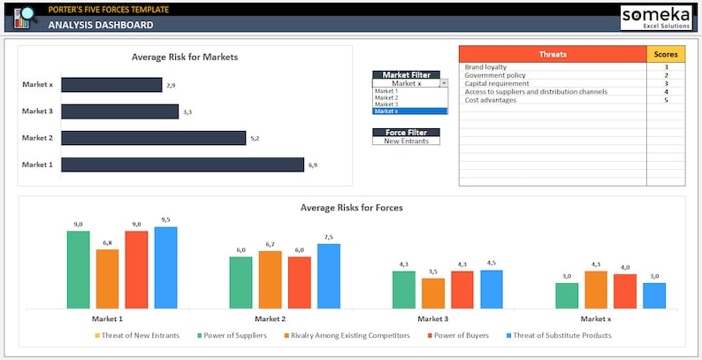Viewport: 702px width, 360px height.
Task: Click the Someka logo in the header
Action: click(x=656, y=17)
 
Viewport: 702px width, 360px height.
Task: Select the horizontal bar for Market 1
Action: click(x=182, y=165)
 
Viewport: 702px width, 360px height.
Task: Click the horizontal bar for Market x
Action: click(x=111, y=85)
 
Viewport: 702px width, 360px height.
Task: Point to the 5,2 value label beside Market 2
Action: click(x=255, y=138)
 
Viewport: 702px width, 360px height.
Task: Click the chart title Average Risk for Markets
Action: click(x=184, y=57)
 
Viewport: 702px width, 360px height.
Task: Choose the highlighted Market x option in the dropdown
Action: click(x=410, y=111)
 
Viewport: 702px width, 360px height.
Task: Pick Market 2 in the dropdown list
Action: click(x=410, y=97)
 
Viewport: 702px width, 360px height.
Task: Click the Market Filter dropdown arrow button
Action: click(x=444, y=83)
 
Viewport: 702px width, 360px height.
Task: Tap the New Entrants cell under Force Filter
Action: click(x=406, y=141)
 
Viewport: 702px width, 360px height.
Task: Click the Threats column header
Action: click(x=553, y=55)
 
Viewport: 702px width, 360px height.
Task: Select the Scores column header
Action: click(x=666, y=55)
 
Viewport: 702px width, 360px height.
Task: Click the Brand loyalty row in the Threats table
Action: click(x=553, y=67)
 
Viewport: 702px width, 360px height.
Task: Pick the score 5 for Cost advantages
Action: click(x=666, y=100)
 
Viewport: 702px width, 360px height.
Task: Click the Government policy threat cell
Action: click(x=553, y=75)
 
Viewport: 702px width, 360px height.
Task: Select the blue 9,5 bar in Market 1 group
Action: click(x=165, y=268)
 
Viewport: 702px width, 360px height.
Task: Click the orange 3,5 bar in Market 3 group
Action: click(x=433, y=293)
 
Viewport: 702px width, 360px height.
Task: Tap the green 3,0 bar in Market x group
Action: click(x=567, y=295)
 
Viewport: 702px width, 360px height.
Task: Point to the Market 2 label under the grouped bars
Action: click(x=270, y=318)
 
